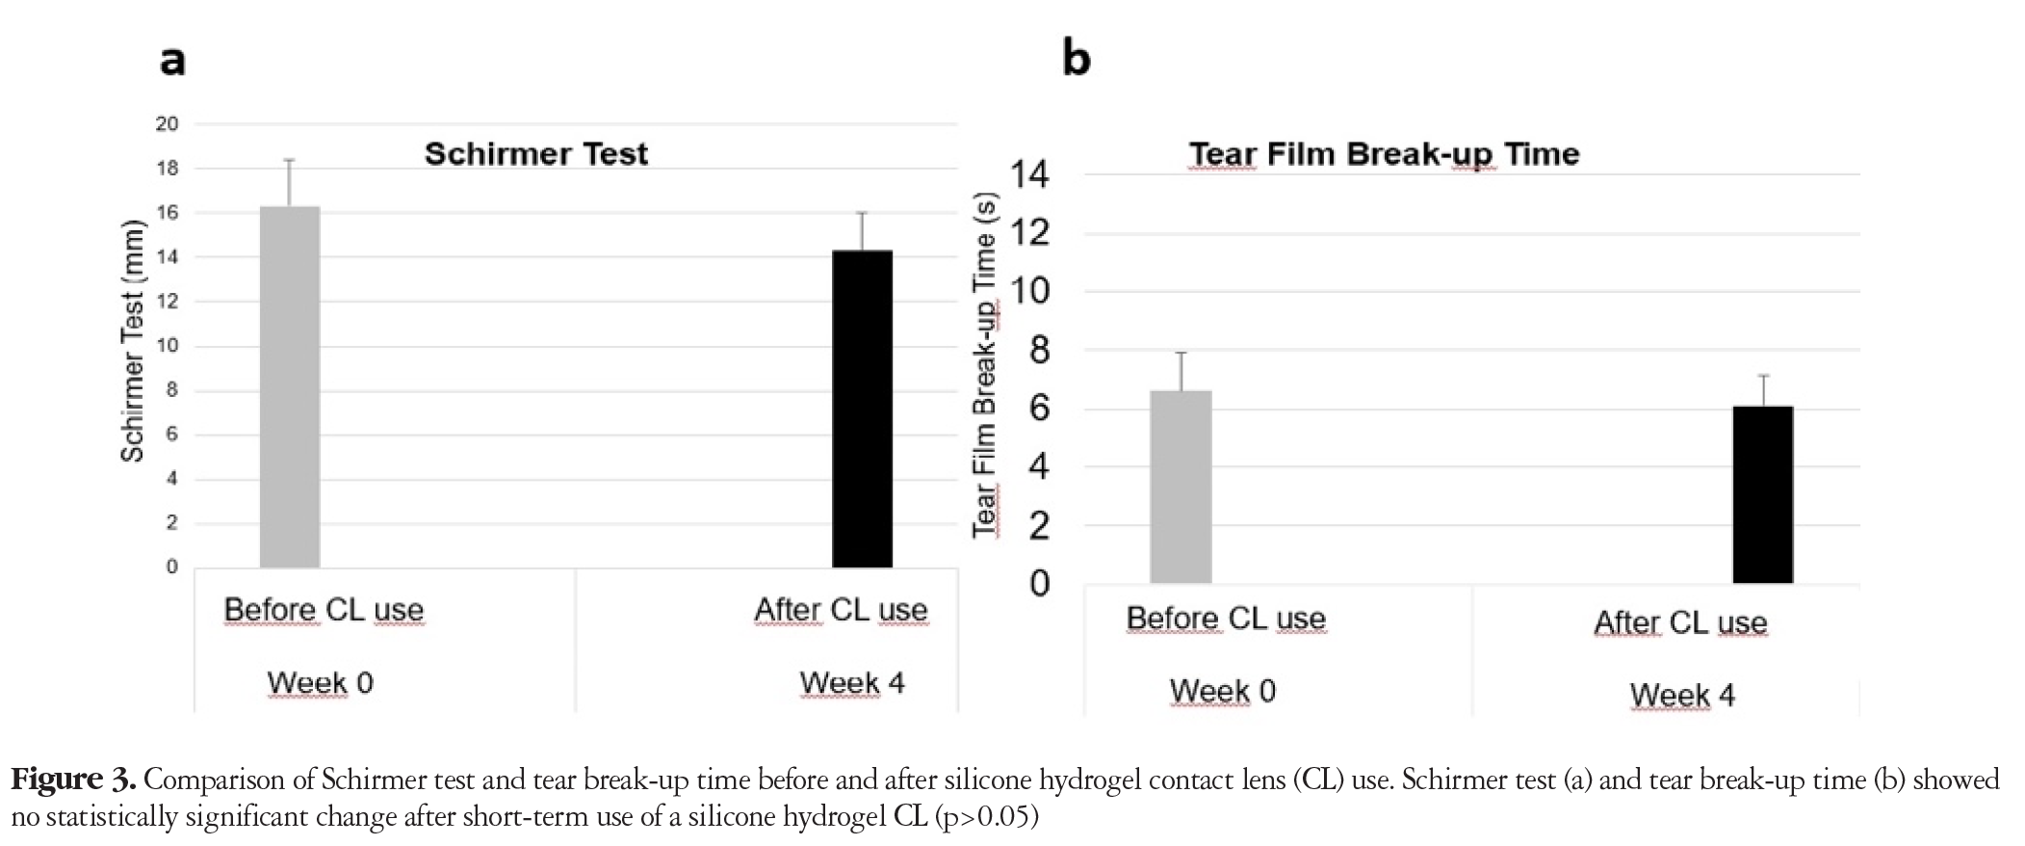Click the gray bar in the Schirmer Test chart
click(x=290, y=386)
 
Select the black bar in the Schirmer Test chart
click(x=862, y=409)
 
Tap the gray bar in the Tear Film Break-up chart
click(x=1181, y=487)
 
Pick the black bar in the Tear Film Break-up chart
click(x=1763, y=494)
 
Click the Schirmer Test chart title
click(x=536, y=153)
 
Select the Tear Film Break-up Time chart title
click(x=1384, y=154)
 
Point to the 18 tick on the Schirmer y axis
click(x=168, y=169)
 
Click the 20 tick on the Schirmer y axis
click(x=168, y=124)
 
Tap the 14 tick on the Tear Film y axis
click(x=1029, y=174)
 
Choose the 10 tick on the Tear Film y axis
click(x=1029, y=291)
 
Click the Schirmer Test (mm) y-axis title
click(x=132, y=341)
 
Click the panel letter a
click(x=172, y=61)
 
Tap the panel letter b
click(x=1076, y=57)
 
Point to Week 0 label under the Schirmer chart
click(x=320, y=683)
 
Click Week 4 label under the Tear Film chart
click(x=1682, y=696)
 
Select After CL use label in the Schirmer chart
click(x=841, y=610)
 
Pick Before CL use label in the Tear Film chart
click(x=1226, y=619)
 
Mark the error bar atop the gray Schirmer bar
click(x=289, y=183)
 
